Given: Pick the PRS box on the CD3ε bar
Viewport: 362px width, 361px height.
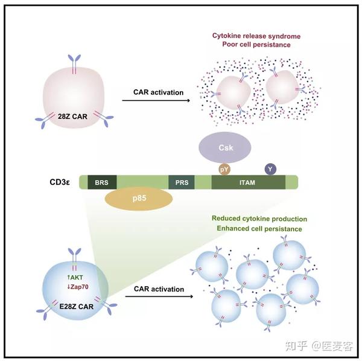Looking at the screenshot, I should coord(181,182).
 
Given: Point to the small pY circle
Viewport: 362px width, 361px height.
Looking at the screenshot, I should coord(224,171).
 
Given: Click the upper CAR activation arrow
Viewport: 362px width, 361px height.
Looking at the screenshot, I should coord(159,101).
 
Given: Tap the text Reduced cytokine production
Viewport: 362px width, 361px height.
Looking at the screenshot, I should coord(259,219).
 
